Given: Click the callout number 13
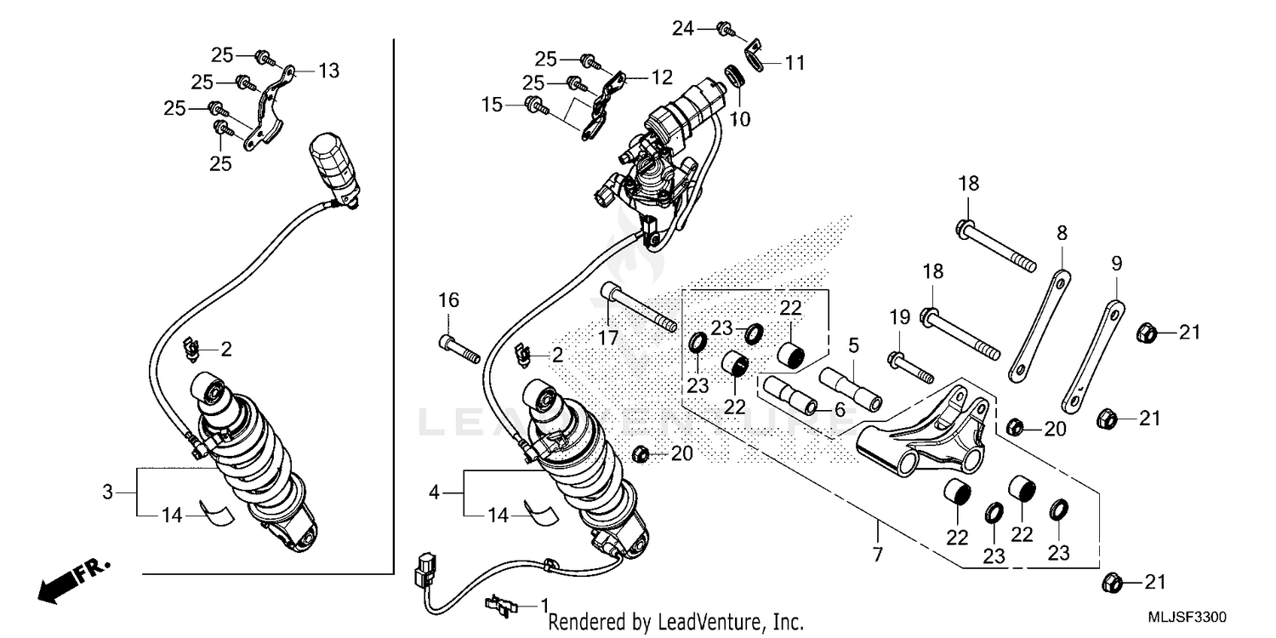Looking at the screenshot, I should (x=328, y=71).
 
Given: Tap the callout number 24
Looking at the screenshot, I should (x=683, y=29).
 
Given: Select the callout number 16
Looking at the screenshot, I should (x=448, y=299).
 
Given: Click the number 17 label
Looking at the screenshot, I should (x=607, y=338).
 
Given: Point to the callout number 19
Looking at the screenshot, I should (x=900, y=318).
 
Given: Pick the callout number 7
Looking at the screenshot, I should (x=877, y=555).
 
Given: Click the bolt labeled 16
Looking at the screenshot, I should (x=460, y=348).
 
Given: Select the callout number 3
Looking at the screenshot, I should (x=107, y=492).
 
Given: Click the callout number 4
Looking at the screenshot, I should (x=434, y=492).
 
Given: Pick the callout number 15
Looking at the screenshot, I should (x=492, y=105).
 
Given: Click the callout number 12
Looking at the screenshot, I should (x=662, y=77).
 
